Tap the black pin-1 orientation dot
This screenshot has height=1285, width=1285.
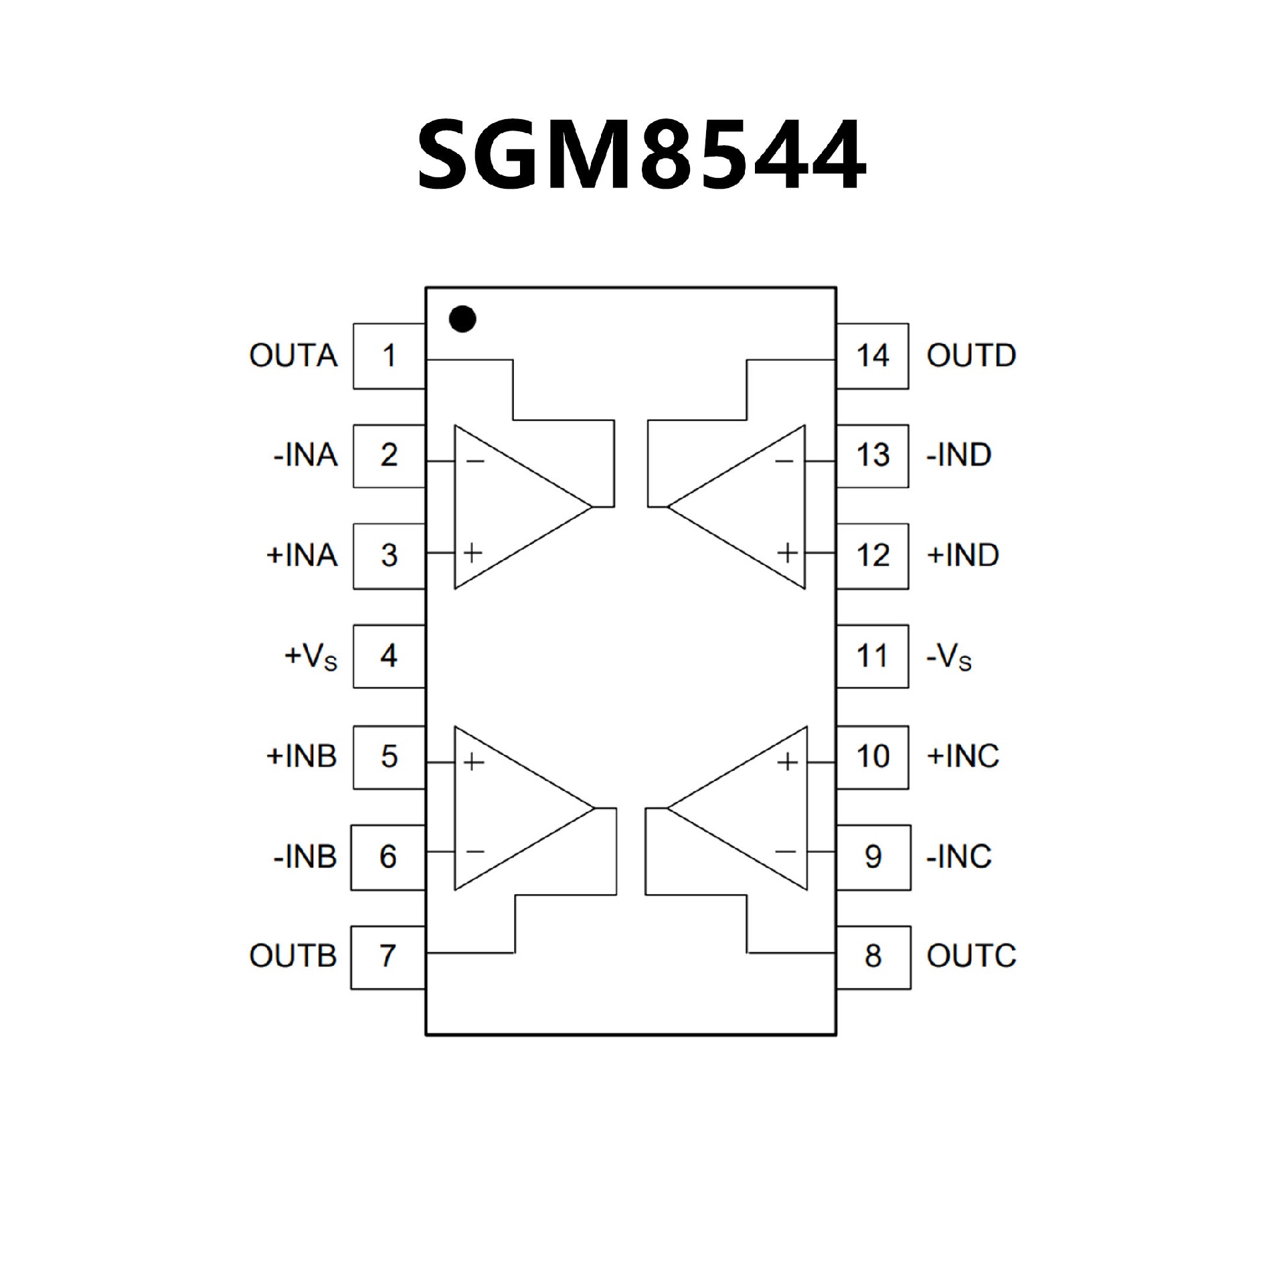[462, 319]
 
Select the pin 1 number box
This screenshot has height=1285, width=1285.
[389, 356]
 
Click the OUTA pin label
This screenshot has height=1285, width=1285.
[293, 356]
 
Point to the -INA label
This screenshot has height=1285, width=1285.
[305, 456]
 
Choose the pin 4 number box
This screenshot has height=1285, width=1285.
[389, 656]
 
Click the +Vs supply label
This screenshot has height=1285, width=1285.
[311, 657]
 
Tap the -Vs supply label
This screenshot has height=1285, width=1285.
[948, 658]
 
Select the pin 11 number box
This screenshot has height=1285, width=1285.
[872, 656]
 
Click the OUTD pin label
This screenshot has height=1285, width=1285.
[971, 356]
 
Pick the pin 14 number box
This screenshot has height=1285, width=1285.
[872, 356]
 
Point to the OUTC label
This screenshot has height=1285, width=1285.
[971, 956]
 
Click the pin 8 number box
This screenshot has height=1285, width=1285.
[873, 956]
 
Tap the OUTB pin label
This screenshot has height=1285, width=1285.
[292, 956]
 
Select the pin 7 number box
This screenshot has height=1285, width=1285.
[388, 956]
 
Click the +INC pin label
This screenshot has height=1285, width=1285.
[962, 756]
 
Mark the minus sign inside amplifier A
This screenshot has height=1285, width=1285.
[475, 461]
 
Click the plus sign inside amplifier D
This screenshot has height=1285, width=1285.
[788, 553]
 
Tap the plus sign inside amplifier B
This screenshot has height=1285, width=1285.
[473, 762]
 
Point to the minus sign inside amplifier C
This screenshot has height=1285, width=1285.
[785, 851]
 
